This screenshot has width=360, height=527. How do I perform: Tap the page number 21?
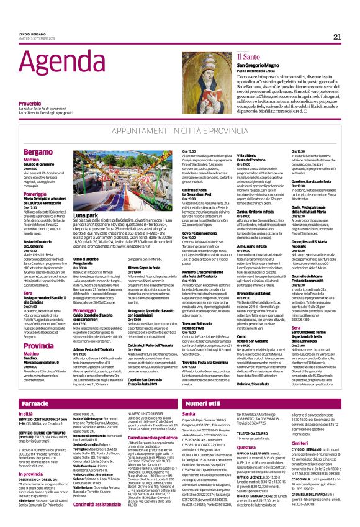pos(337,37)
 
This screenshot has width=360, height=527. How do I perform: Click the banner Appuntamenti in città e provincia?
pos(180,132)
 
